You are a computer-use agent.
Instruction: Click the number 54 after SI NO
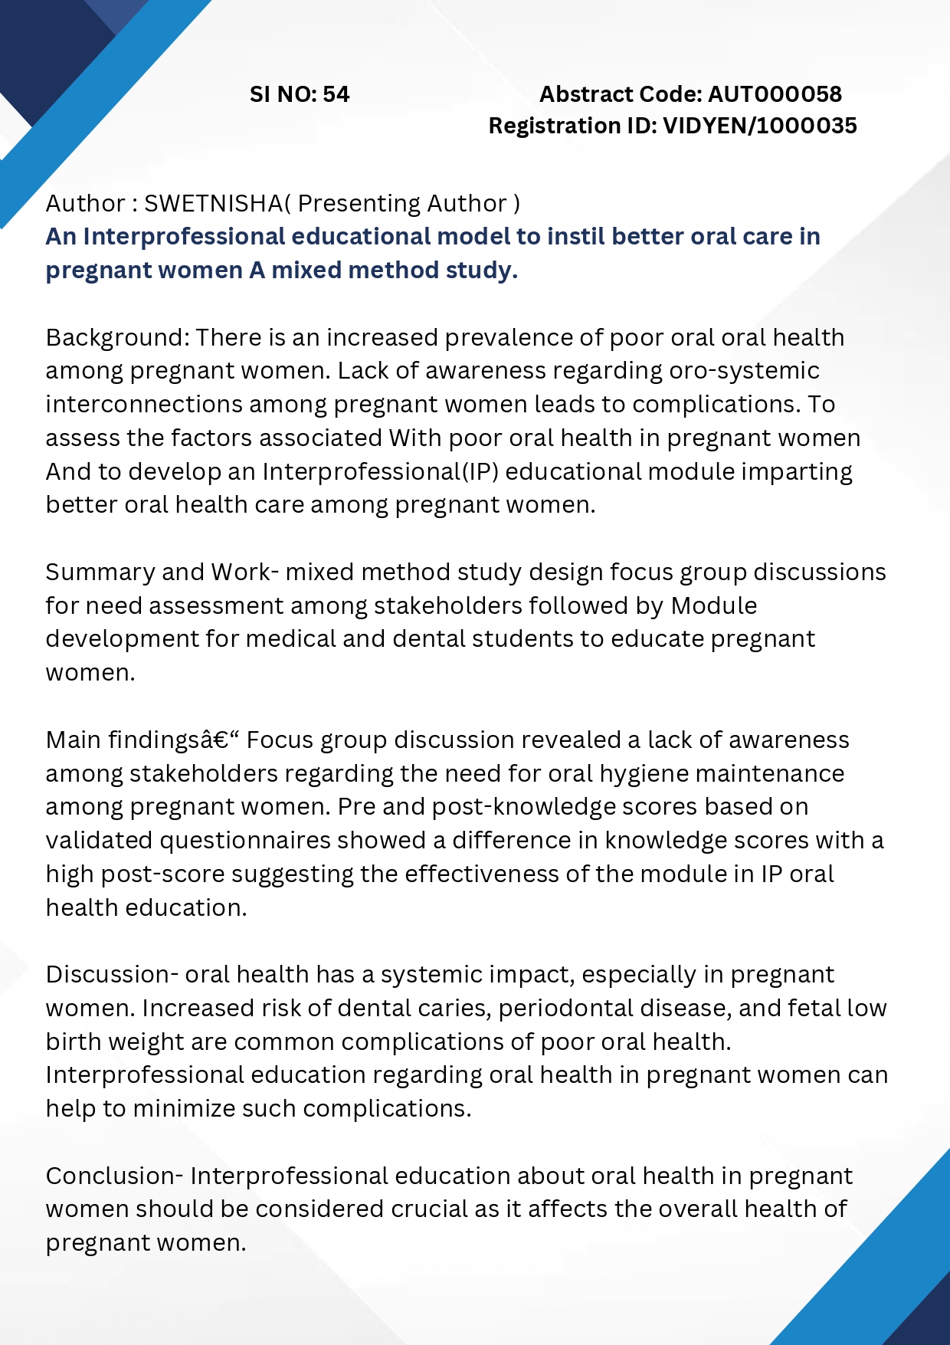pos(336,94)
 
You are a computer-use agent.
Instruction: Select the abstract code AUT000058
pos(775,94)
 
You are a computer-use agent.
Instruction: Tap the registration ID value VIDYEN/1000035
pos(759,126)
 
